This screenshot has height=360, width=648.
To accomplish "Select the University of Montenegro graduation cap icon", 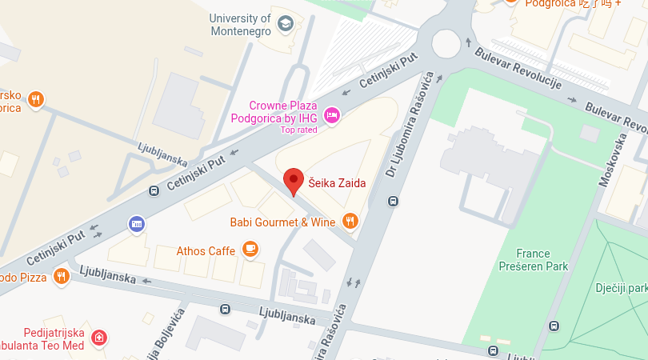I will (285, 25).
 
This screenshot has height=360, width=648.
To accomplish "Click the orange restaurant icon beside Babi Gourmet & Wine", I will (350, 221).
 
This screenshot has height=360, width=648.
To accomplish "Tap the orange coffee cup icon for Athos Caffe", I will (250, 250).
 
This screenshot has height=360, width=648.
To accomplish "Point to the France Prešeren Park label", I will (532, 260).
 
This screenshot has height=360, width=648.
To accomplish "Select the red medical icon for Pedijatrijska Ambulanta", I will (98, 338).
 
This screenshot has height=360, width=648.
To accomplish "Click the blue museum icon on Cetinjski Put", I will (137, 223).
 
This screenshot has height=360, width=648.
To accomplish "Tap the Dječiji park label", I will (621, 288).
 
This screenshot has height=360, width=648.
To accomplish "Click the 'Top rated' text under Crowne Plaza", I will (298, 130).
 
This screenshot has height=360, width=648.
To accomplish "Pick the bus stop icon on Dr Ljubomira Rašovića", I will (392, 201).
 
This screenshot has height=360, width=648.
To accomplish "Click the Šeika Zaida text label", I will (337, 183).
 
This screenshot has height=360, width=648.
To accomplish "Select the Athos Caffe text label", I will (206, 250).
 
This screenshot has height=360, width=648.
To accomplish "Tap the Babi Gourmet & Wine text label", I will (283, 222).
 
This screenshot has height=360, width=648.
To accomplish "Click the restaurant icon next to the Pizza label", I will (62, 276).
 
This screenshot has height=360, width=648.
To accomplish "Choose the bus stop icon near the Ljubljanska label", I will (226, 308).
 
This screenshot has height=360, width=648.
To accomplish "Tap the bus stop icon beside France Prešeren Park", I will (554, 326).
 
